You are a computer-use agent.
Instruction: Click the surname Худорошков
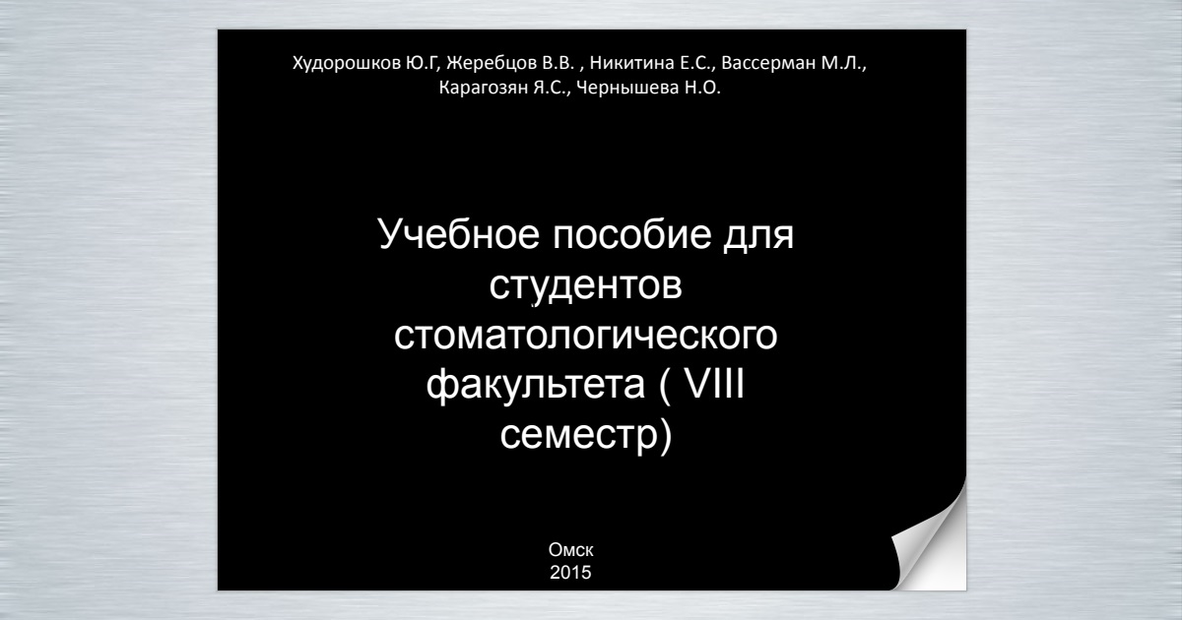(x=347, y=63)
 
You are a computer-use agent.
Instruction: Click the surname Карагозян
(x=484, y=88)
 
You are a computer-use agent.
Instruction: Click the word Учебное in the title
(x=459, y=234)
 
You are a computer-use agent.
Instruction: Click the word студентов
(x=586, y=285)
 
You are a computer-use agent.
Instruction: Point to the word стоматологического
(x=586, y=336)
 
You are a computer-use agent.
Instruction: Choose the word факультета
(x=535, y=386)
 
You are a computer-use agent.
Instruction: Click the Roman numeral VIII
(x=714, y=383)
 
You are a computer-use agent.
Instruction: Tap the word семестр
(x=579, y=435)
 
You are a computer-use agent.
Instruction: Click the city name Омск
(x=571, y=550)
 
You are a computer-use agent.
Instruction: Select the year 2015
(x=570, y=573)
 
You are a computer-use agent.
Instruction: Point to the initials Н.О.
(x=702, y=88)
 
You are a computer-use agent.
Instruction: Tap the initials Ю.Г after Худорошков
(x=423, y=64)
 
